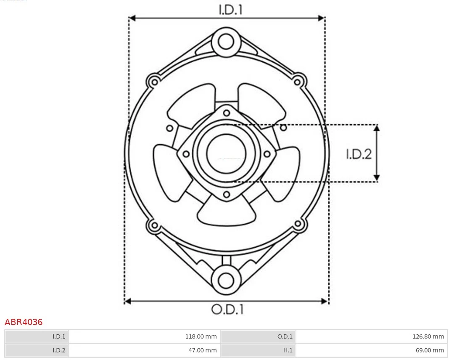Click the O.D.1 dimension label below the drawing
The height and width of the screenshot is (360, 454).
click(227, 310)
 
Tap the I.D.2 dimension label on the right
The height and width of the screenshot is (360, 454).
click(359, 154)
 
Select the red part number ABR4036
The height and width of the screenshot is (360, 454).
click(24, 322)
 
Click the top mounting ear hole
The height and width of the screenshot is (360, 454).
click(226, 42)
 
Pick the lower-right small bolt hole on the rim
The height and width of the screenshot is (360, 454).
click(298, 224)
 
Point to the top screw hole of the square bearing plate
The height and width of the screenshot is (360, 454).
click(227, 112)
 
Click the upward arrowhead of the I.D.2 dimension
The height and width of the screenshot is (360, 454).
click(377, 127)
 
